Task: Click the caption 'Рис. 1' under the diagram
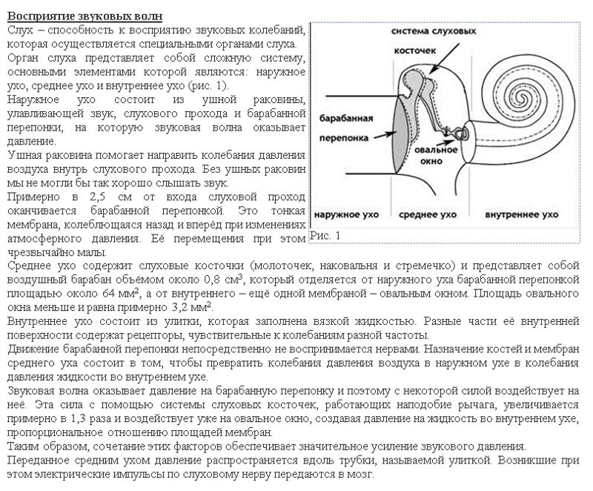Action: pyautogui.click(x=324, y=235)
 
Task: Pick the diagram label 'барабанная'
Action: pyautogui.click(x=343, y=119)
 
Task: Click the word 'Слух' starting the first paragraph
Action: pyautogui.click(x=19, y=30)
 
